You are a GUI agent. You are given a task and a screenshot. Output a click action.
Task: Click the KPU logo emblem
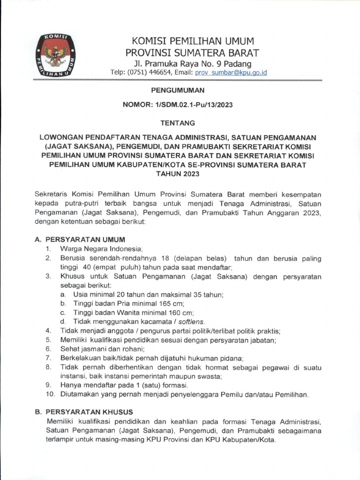(x=55, y=55)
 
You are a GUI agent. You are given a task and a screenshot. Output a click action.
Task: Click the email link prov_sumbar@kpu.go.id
(x=231, y=73)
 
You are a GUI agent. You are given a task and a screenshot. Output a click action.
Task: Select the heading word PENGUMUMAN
(x=180, y=90)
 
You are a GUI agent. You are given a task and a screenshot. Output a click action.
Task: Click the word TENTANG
(x=180, y=122)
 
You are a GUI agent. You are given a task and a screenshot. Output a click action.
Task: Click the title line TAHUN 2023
(x=180, y=173)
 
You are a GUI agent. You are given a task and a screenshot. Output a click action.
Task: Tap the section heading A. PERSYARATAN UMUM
(x=80, y=240)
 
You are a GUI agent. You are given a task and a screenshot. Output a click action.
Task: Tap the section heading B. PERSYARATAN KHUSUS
(x=84, y=412)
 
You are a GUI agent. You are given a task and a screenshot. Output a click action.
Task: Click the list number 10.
(x=50, y=394)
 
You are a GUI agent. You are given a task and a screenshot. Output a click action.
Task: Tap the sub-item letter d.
(x=62, y=322)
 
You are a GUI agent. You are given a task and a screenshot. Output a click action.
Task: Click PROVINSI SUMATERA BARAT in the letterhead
(x=192, y=52)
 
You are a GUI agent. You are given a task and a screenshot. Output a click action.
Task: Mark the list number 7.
(x=48, y=358)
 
